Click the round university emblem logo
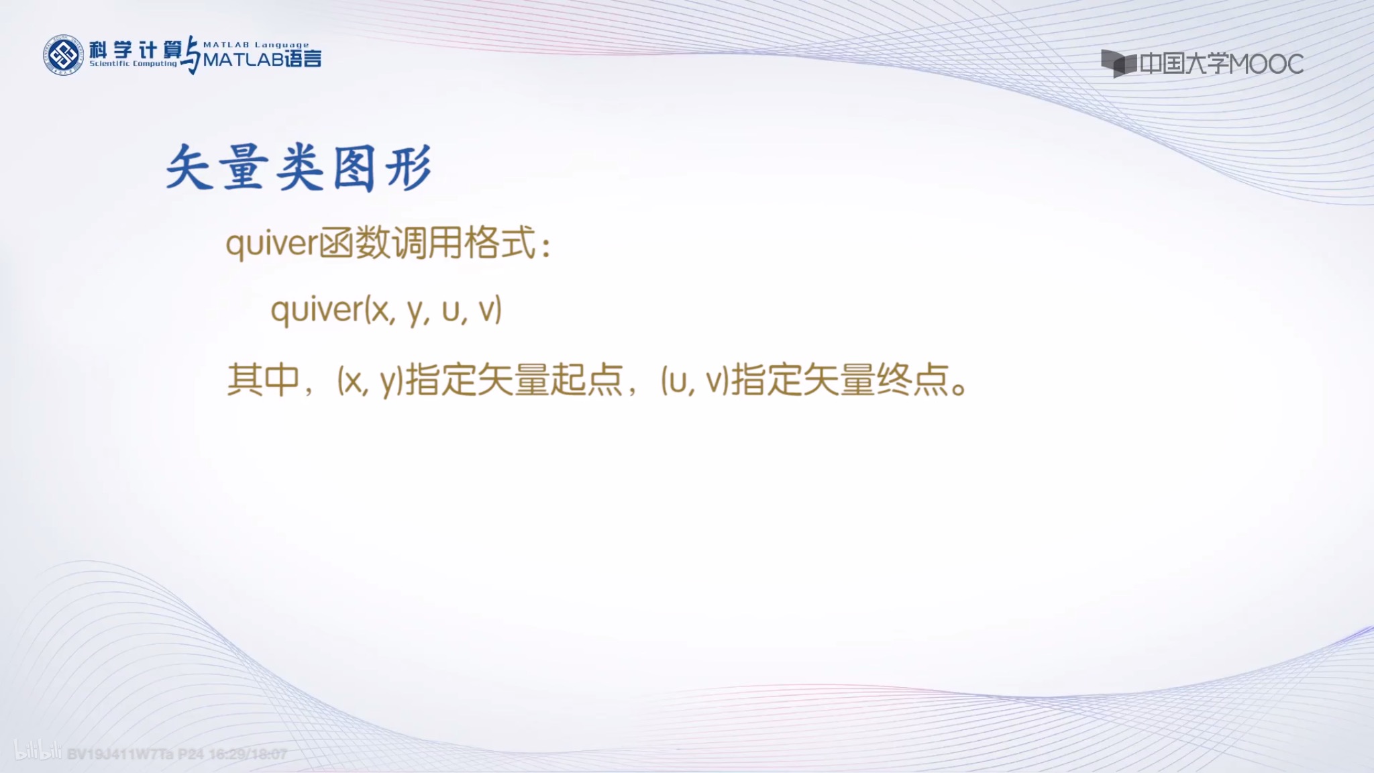click(x=63, y=55)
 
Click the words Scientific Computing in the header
click(x=133, y=64)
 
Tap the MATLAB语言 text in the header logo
click(x=262, y=60)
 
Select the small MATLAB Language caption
click(x=256, y=45)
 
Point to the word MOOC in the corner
click(x=1266, y=64)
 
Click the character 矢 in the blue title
click(x=189, y=168)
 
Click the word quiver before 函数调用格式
click(x=271, y=243)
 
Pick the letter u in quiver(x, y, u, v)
click(x=451, y=310)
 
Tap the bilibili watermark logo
click(x=38, y=752)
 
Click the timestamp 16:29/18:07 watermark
click(x=248, y=754)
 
